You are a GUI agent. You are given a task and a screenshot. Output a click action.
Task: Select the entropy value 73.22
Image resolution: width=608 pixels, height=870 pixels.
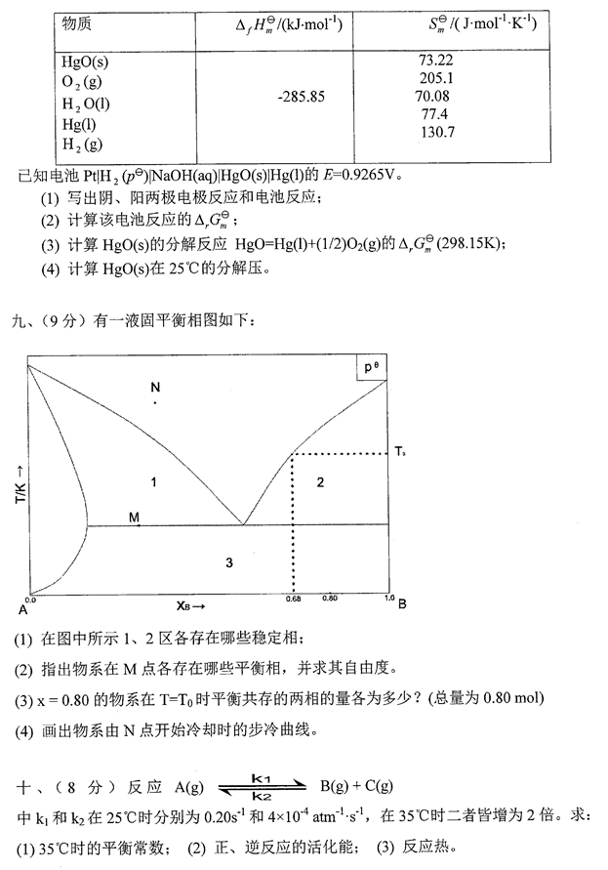pos(434,61)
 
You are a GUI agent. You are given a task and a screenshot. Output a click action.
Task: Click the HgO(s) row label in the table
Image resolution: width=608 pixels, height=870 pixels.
pos(85,62)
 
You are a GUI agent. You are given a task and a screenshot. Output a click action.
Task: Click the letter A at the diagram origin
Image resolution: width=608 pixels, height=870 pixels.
pos(21,609)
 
